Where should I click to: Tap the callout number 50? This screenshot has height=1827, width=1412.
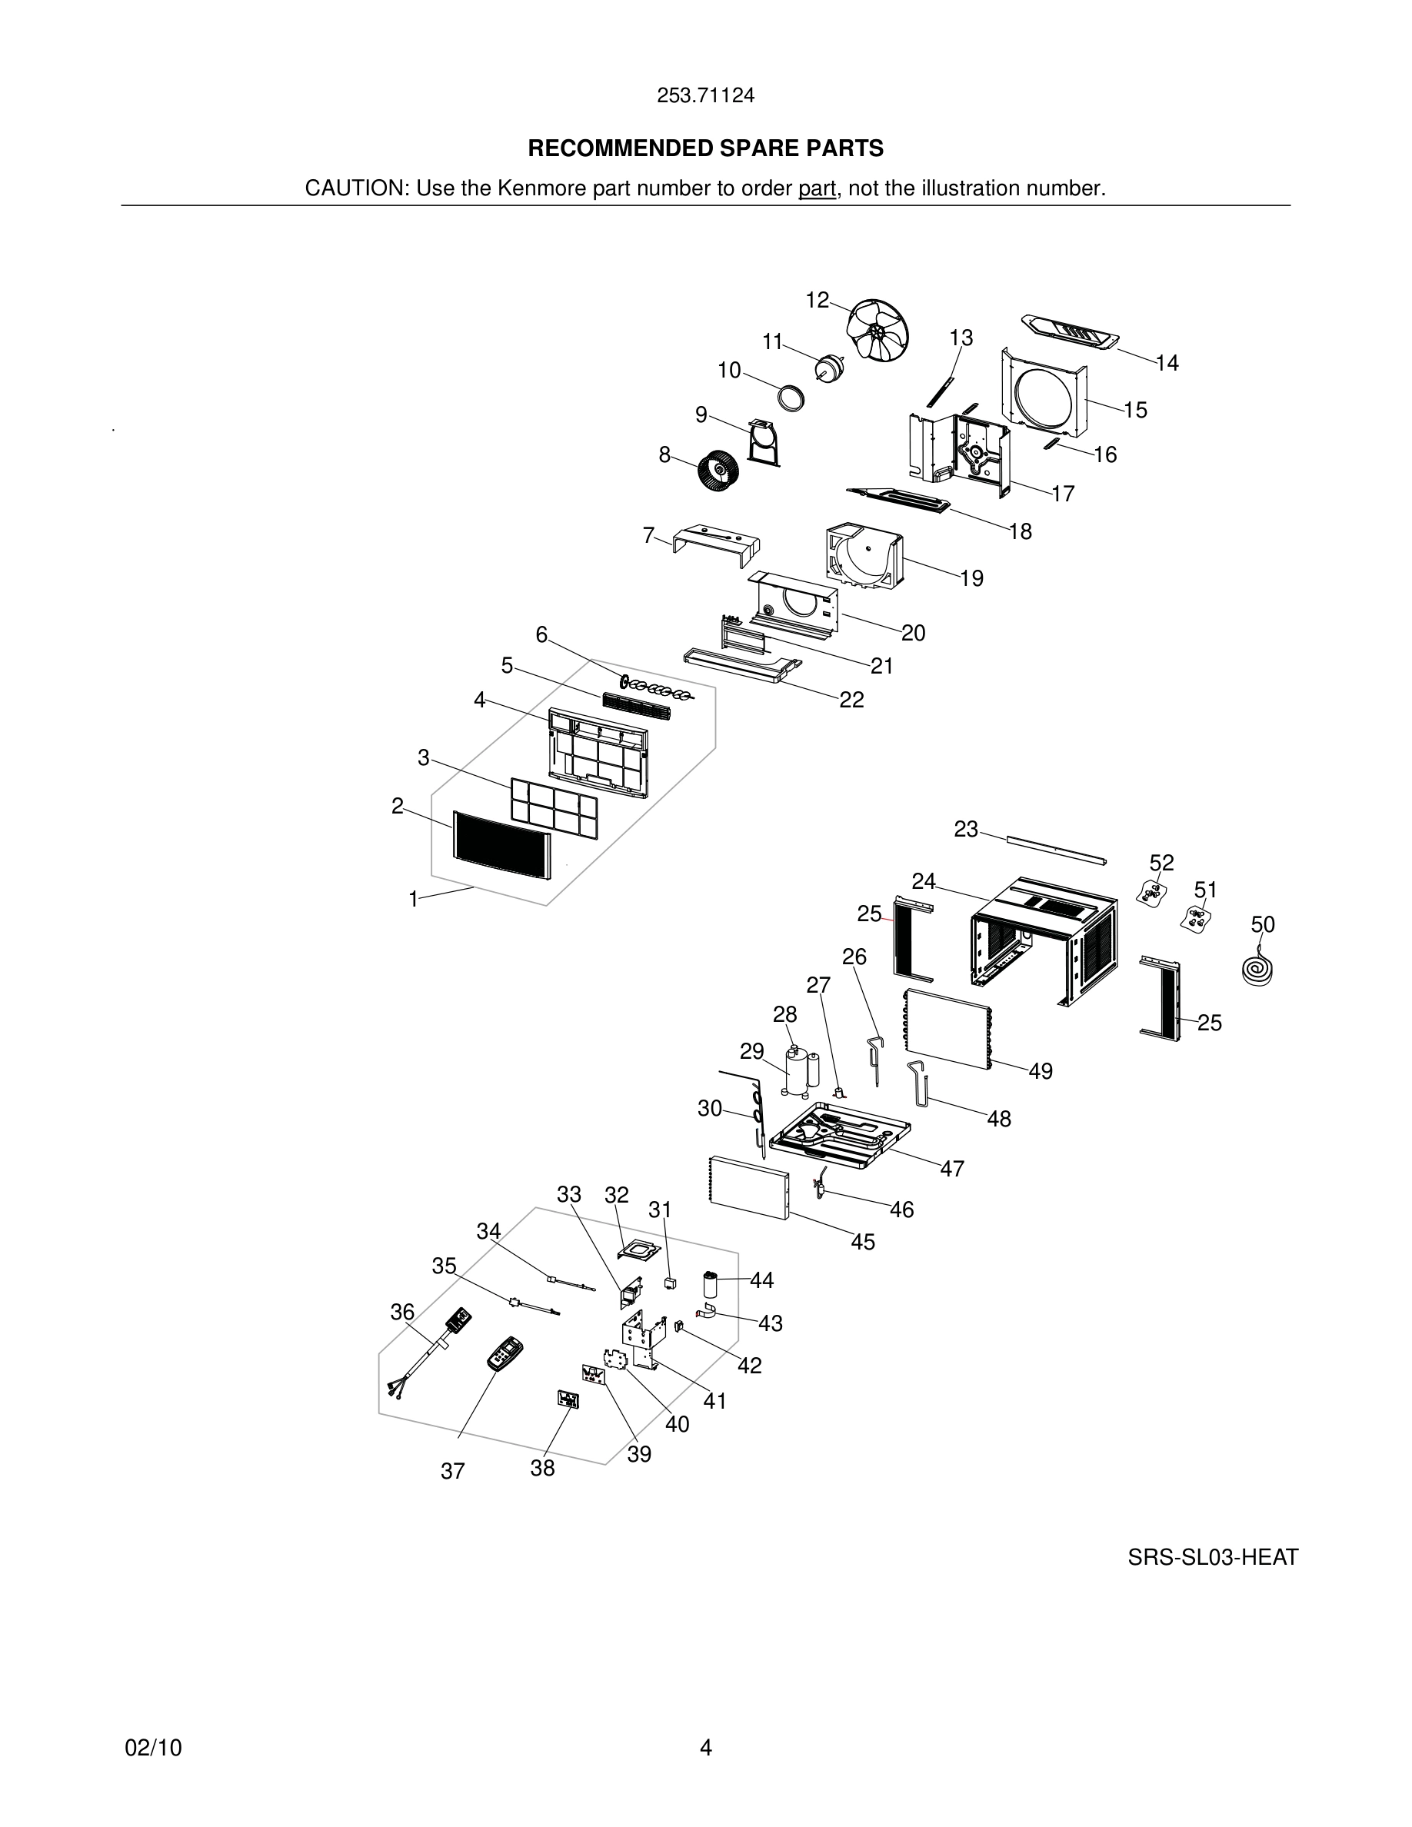click(1262, 924)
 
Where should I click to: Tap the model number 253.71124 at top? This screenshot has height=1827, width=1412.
click(705, 95)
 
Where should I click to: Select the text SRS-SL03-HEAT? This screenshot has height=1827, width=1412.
click(1212, 1557)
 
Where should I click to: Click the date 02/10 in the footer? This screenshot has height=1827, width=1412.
click(153, 1748)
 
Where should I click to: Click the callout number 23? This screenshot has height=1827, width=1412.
click(965, 829)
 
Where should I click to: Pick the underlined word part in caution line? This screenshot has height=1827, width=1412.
click(817, 188)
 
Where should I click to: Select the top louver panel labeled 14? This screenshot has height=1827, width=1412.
click(1071, 332)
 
